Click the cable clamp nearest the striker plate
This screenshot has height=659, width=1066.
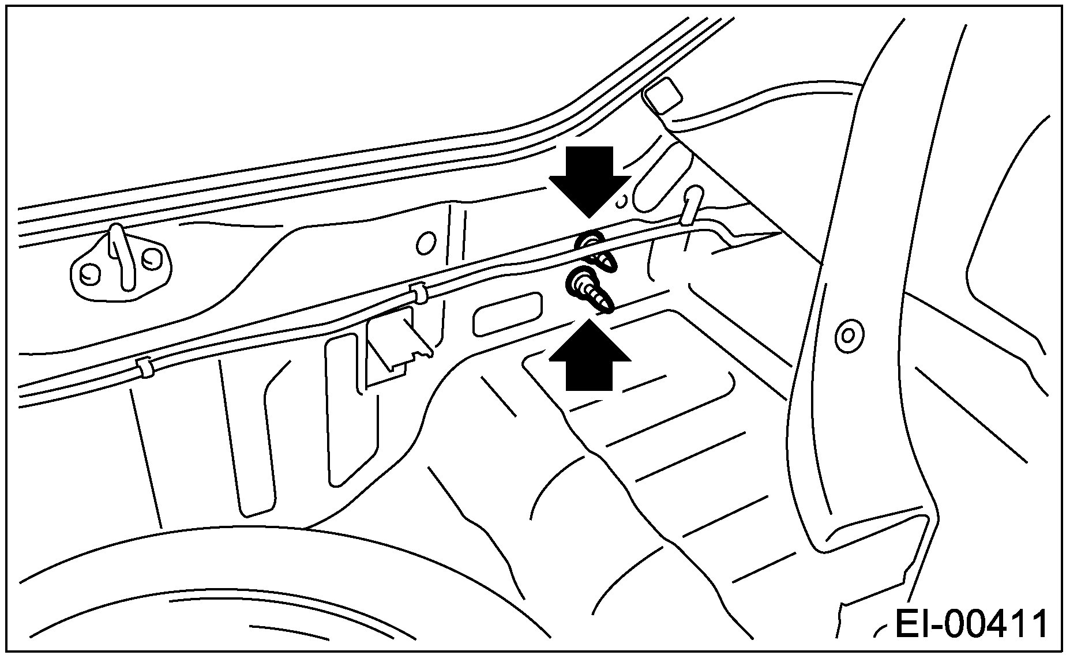click(x=144, y=367)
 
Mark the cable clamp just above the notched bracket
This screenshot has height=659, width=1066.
click(x=419, y=295)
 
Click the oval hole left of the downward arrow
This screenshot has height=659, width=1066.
click(x=426, y=243)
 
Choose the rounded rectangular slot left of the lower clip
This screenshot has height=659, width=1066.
click(x=508, y=314)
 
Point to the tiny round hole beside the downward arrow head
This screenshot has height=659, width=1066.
click(x=621, y=201)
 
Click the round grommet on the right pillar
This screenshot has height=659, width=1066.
click(x=848, y=335)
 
